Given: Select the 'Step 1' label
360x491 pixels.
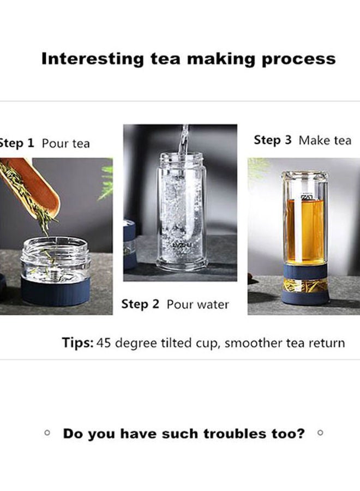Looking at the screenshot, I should [16, 143].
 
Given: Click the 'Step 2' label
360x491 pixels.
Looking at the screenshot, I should [140, 304].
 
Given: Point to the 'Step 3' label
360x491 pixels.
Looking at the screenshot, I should [273, 140].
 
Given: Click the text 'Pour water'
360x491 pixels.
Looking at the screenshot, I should [197, 304].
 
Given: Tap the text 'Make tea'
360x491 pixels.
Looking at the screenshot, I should [325, 141].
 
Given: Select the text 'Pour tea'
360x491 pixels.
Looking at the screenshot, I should [65, 144].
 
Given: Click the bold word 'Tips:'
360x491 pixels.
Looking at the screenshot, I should [78, 343].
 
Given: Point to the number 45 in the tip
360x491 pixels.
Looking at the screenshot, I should [104, 343].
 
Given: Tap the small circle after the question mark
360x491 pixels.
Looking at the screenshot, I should [320, 433].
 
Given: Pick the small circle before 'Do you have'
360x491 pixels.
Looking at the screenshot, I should [47, 433].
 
